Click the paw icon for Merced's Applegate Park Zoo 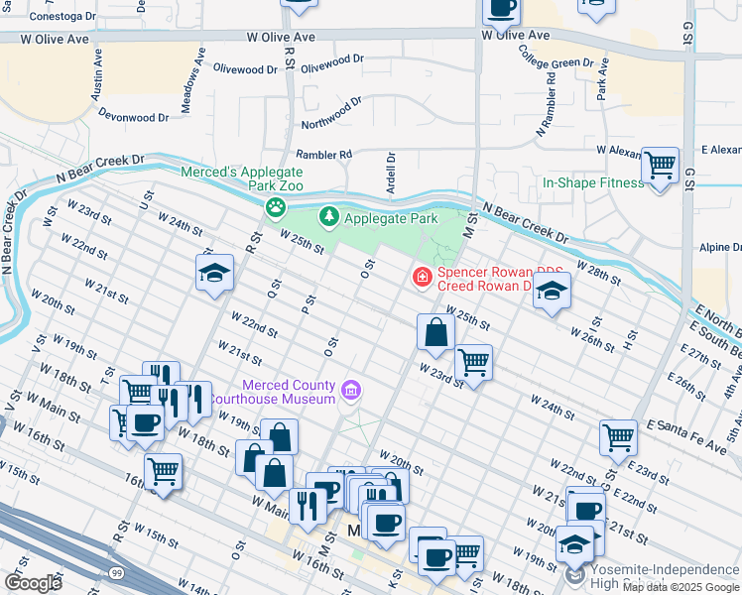(275, 208)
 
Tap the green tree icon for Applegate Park (327, 216)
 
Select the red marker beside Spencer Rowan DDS (423, 276)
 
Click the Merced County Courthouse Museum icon (350, 392)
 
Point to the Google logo (32, 582)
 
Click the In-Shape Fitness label (593, 182)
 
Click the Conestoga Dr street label (63, 17)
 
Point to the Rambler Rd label (323, 155)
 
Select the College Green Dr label (556, 60)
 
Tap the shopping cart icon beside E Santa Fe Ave (618, 436)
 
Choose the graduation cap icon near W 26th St (553, 291)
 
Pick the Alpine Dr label (720, 247)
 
